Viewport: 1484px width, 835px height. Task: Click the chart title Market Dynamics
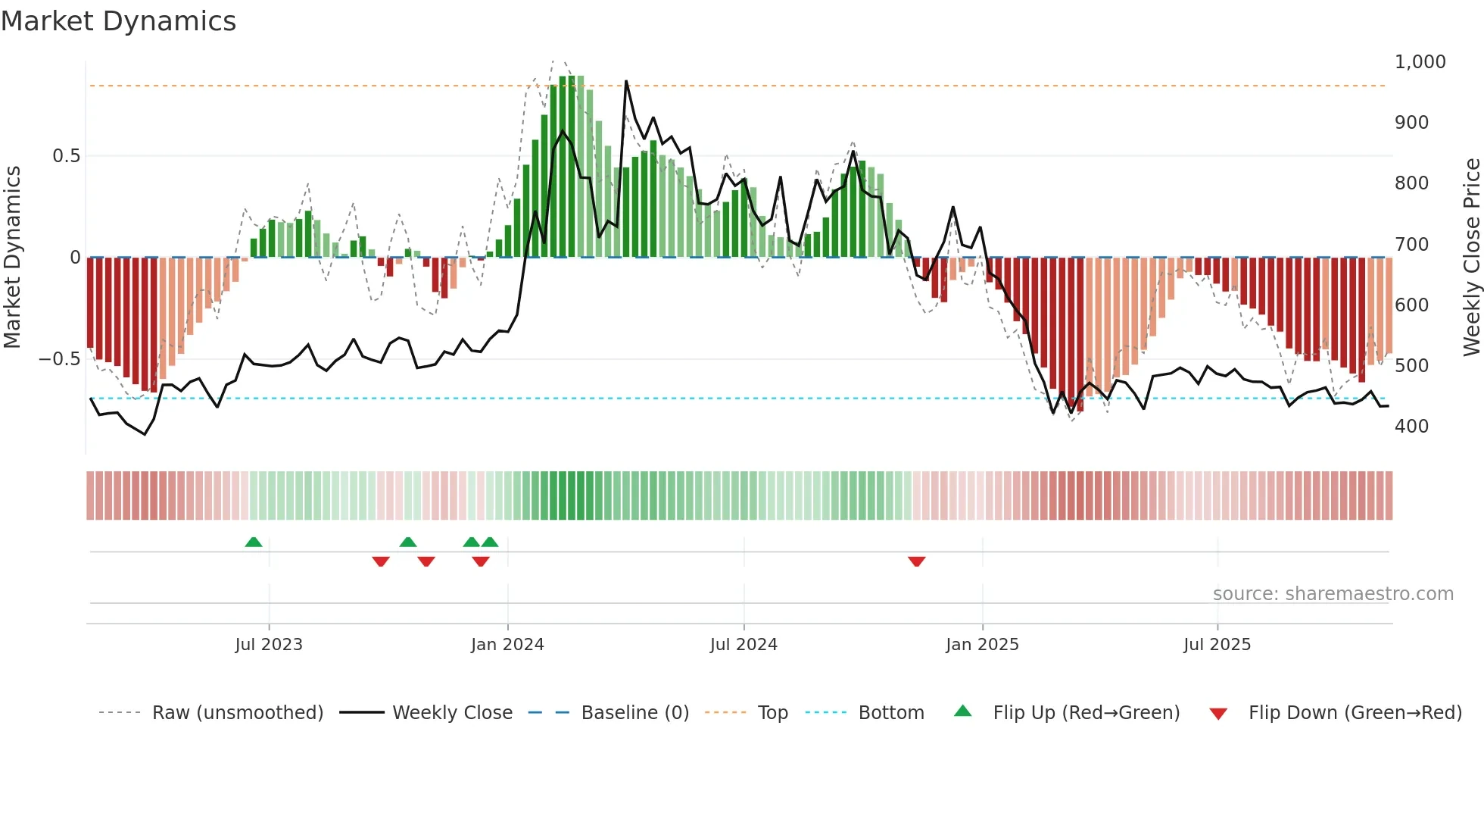[x=118, y=21]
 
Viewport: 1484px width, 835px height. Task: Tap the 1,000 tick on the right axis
[x=1420, y=62]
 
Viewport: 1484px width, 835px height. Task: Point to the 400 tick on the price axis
[x=1411, y=427]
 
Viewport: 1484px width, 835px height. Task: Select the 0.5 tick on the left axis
[x=66, y=156]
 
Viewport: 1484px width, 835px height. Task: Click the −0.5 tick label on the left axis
[x=60, y=359]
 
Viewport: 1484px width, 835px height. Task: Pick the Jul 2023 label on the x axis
[x=269, y=645]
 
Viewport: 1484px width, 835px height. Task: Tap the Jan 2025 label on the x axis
[x=982, y=645]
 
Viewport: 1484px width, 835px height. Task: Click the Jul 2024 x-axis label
[x=744, y=645]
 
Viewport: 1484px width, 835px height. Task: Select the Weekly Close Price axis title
[x=1471, y=258]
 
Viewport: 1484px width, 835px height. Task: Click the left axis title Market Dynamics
[x=12, y=258]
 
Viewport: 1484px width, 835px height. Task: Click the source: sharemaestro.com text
[x=1333, y=594]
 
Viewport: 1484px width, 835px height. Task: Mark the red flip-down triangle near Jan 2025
[x=916, y=561]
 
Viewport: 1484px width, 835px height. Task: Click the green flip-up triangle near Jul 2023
[x=254, y=542]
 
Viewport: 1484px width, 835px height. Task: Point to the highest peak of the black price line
[x=626, y=81]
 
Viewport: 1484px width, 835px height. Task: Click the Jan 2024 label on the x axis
[x=507, y=645]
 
